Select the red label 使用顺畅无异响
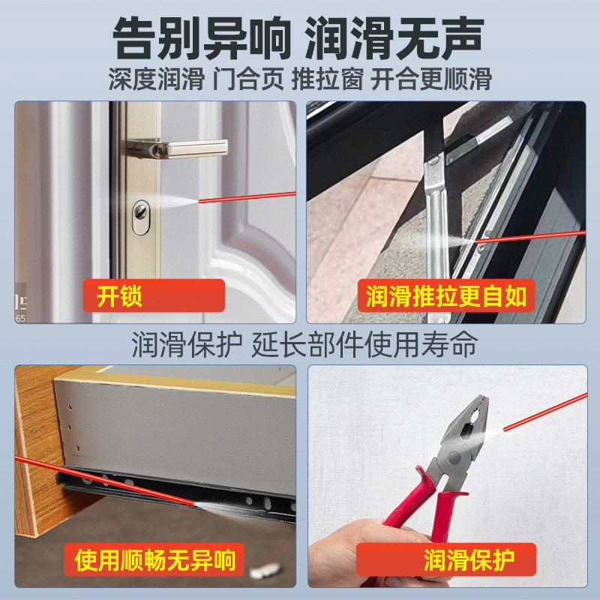click(x=155, y=559)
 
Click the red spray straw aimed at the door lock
click(x=247, y=196)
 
